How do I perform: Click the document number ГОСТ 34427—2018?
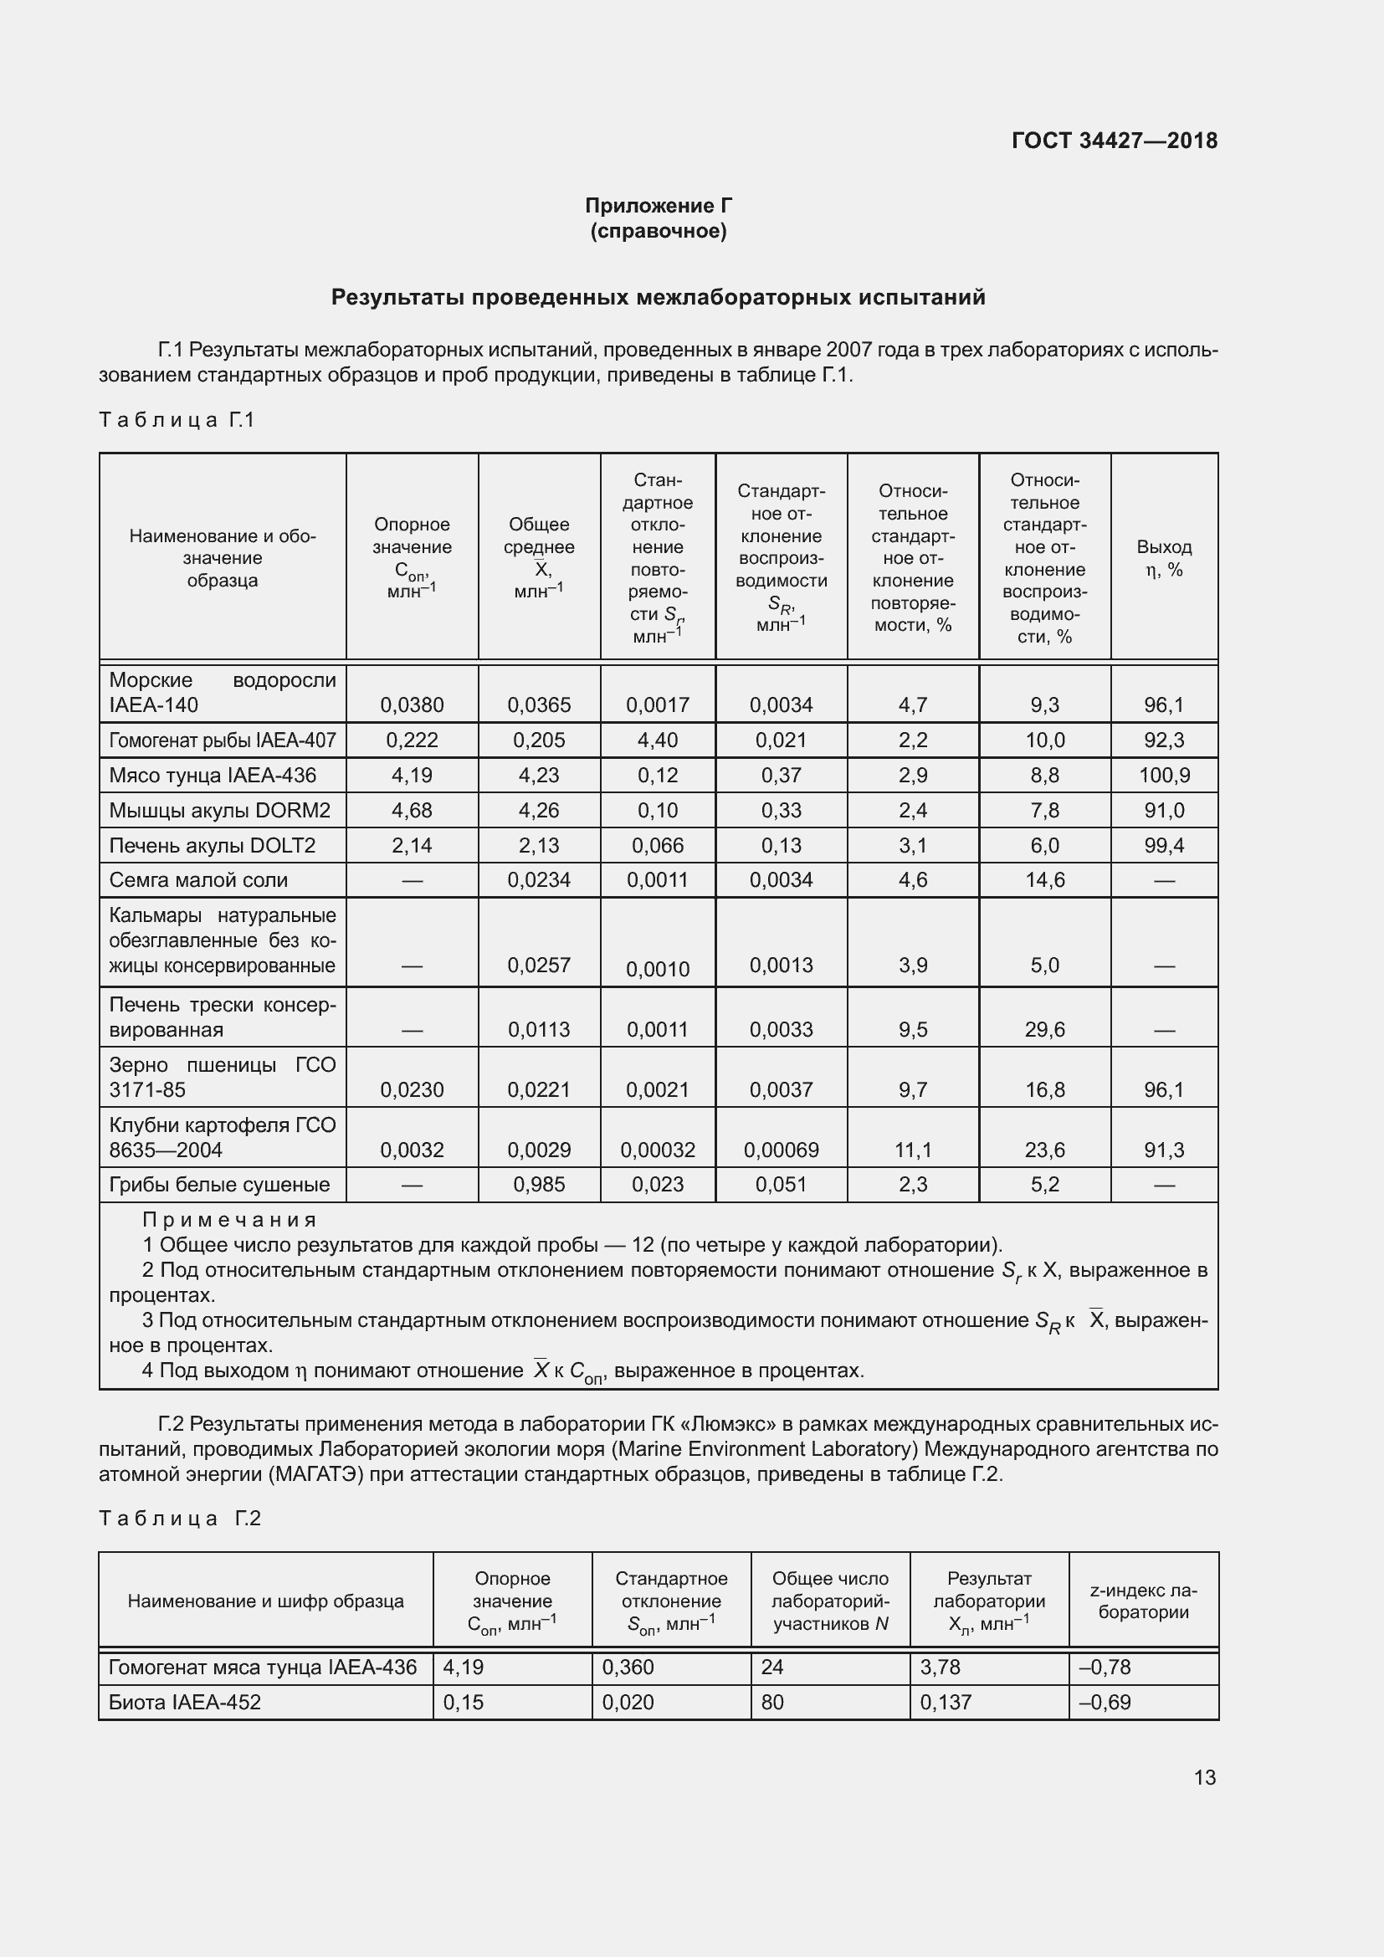[x=1114, y=141]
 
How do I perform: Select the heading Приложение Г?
[x=658, y=206]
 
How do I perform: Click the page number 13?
[x=1204, y=1777]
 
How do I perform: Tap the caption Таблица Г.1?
[x=177, y=419]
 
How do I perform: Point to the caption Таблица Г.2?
[x=179, y=1518]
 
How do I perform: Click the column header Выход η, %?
[x=1163, y=558]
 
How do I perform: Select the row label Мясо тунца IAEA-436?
[x=213, y=775]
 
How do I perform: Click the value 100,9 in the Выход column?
[x=1163, y=775]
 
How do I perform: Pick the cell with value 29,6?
[x=1044, y=1030]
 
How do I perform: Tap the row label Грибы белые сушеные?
[x=219, y=1184]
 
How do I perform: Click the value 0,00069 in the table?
[x=781, y=1150]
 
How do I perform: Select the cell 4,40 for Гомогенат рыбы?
[x=657, y=740]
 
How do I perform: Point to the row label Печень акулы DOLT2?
[x=213, y=846]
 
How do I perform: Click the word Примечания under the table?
[x=229, y=1220]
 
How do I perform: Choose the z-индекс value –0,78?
[x=1105, y=1667]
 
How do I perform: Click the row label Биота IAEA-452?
[x=184, y=1702]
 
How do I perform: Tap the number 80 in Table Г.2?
[x=772, y=1702]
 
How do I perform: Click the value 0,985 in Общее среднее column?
[x=539, y=1184]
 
